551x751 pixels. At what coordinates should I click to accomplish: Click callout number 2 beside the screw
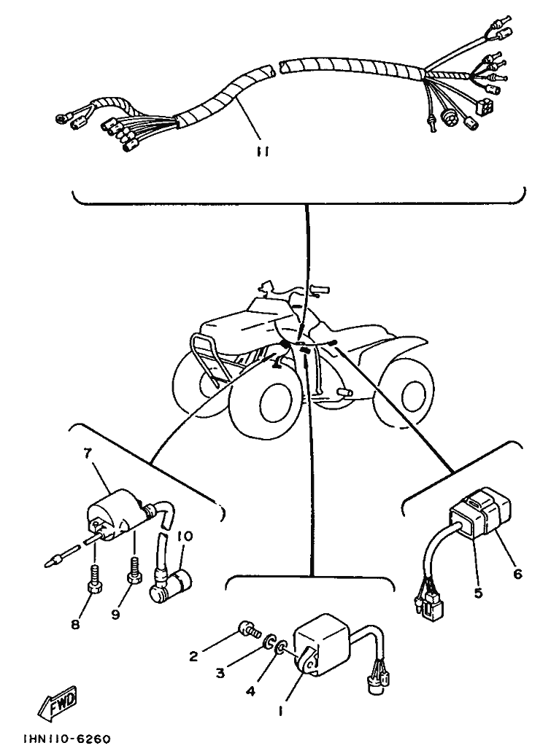[193, 656]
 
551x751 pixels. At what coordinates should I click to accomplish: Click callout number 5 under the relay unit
[478, 593]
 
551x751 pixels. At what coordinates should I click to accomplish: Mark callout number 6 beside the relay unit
[517, 574]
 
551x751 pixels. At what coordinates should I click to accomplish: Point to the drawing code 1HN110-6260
[66, 739]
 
